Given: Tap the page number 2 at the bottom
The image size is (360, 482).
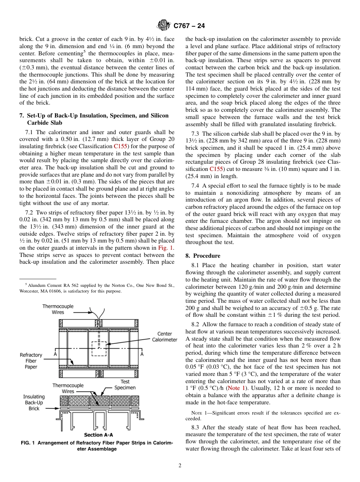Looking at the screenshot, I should [x=180, y=466].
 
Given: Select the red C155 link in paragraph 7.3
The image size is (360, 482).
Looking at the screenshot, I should [x=216, y=169].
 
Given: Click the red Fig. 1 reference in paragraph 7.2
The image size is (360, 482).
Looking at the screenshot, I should [x=166, y=248].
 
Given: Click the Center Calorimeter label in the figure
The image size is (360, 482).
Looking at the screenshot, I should [x=164, y=336].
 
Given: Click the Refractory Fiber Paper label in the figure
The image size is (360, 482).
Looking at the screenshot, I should [x=31, y=361].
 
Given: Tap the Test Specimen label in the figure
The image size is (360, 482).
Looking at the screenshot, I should [x=125, y=385].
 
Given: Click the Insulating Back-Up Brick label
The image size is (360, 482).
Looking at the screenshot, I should [x=34, y=403].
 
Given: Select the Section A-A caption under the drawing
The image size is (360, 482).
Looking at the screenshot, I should [x=99, y=435].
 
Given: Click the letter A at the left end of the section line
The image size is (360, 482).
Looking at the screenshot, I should [x=55, y=354].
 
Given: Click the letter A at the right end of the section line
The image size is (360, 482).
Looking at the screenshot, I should [x=142, y=354].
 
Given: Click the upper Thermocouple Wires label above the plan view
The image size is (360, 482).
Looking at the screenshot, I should [x=58, y=309].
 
